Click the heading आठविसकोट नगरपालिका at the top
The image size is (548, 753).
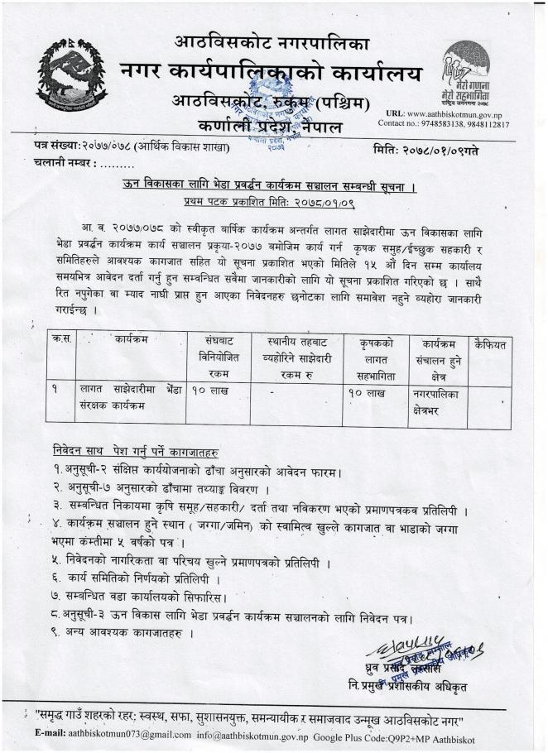tap(273, 41)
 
